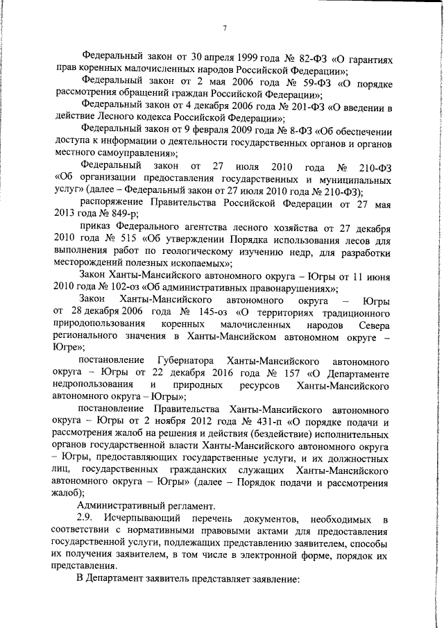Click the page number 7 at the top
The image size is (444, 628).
pos(225,28)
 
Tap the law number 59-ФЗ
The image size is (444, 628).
pos(301,81)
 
